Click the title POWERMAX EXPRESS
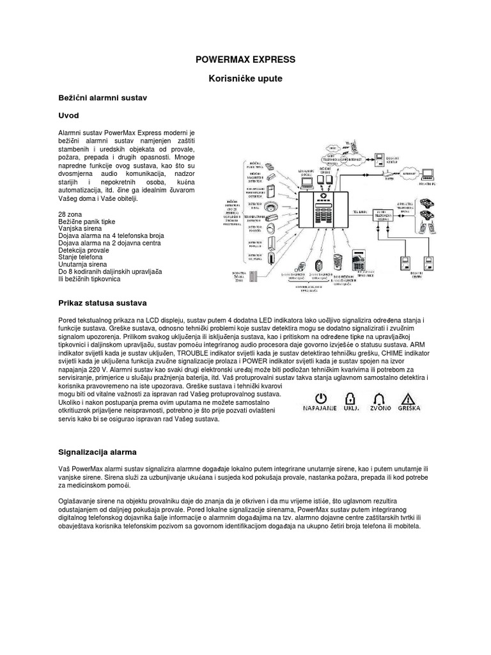pos(245,59)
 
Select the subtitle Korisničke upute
pos(245,79)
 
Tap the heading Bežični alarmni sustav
pos(102,100)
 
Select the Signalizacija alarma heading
pos(97,452)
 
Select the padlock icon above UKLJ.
pos(352,395)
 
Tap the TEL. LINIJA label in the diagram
pos(359,210)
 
